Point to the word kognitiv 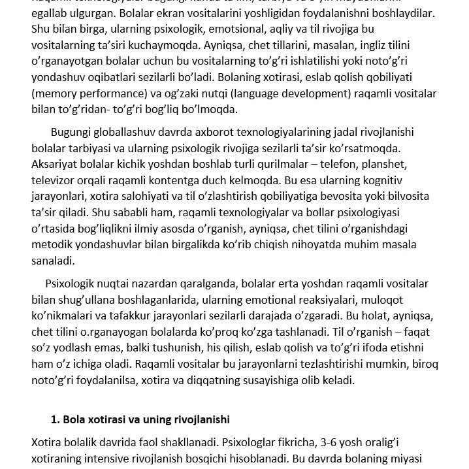[380, 180]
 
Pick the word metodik [52, 244]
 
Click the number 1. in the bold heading [56, 419]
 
